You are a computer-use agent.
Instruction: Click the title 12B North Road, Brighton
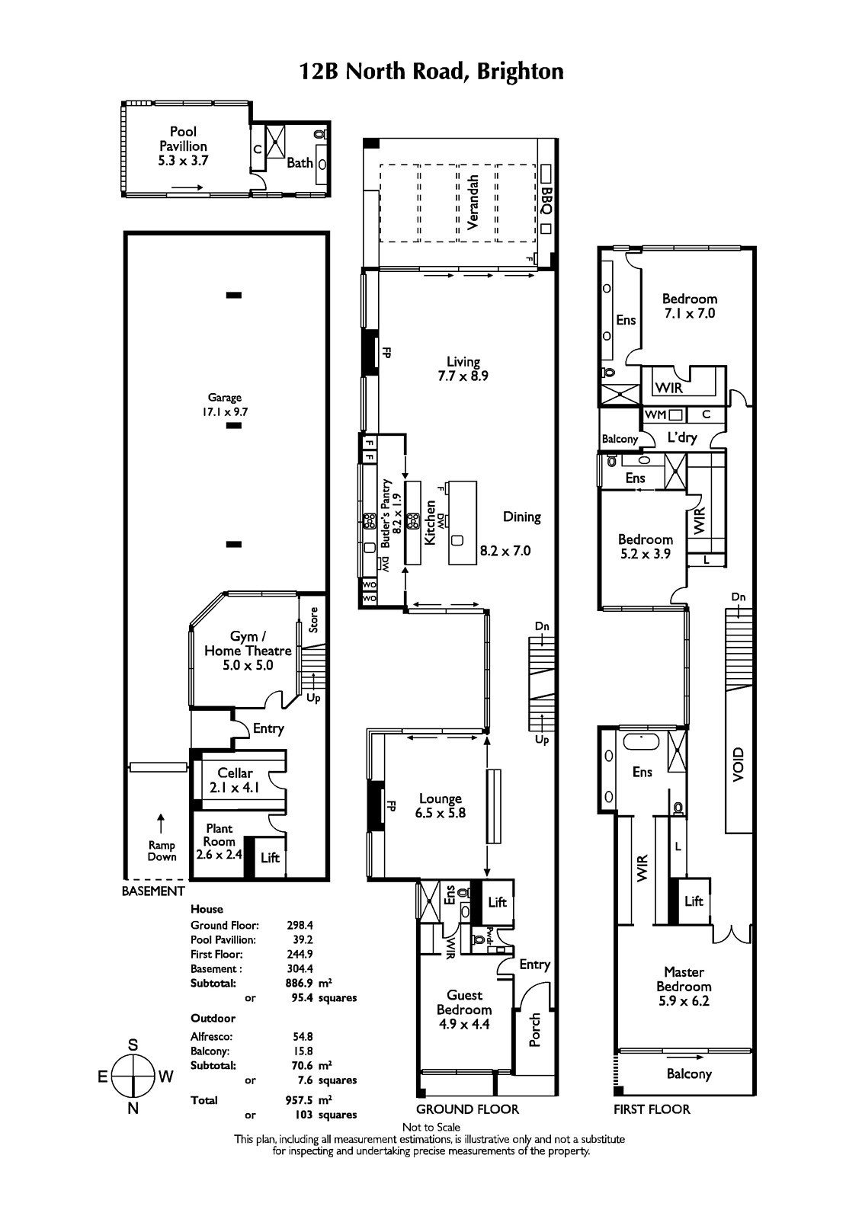[x=431, y=72]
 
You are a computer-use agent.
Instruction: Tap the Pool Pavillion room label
[x=183, y=146]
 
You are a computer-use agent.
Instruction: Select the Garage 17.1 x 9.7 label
[x=225, y=404]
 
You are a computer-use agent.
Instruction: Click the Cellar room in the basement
[x=235, y=780]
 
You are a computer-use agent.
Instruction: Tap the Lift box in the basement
[x=270, y=858]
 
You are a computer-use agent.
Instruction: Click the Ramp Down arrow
[x=161, y=822]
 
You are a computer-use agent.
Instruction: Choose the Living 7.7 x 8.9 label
[x=463, y=369]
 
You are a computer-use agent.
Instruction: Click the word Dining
[x=521, y=517]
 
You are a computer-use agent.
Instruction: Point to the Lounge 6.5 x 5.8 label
[x=441, y=806]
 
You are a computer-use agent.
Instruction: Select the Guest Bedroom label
[x=464, y=1009]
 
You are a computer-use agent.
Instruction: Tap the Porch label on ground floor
[x=535, y=1029]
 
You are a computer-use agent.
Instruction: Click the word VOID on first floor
[x=737, y=764]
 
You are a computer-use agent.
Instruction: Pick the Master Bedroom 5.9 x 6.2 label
[x=684, y=986]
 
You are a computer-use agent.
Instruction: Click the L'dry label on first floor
[x=682, y=437]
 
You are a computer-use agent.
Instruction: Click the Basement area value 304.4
[x=300, y=969]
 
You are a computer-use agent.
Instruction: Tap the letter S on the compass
[x=133, y=1045]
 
